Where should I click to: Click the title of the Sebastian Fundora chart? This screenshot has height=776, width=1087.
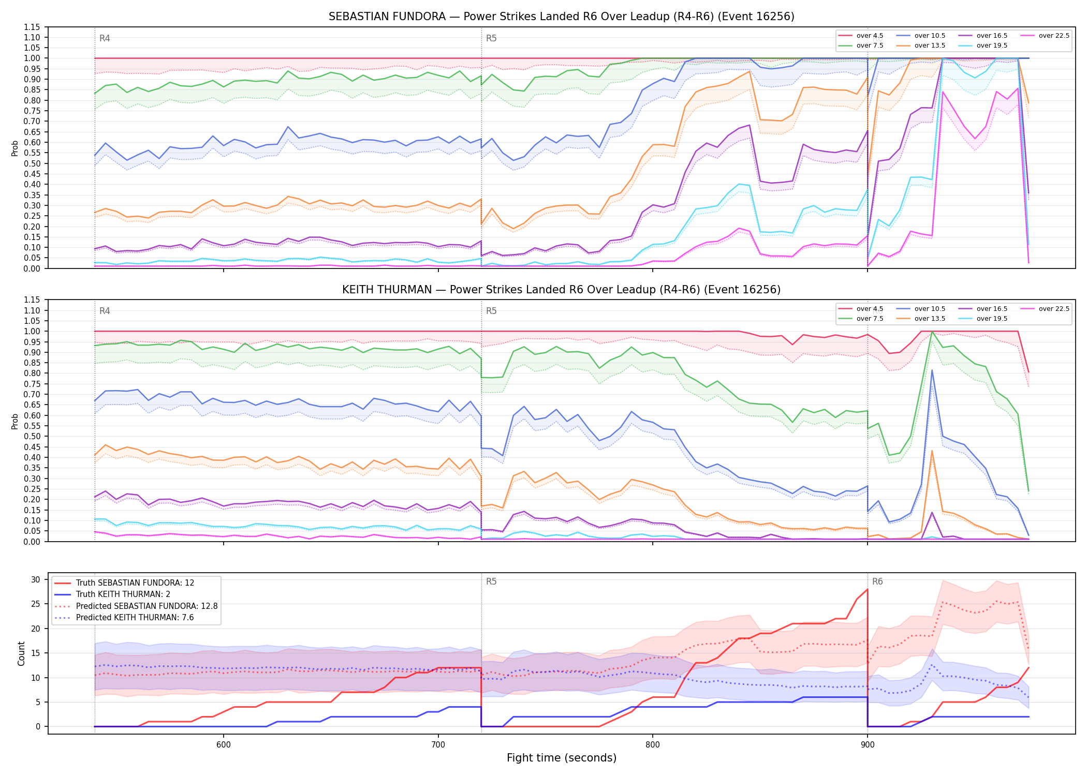coord(561,17)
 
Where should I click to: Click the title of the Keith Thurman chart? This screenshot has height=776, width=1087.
coord(561,290)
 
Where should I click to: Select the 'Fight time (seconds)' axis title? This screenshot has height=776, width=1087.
coord(562,758)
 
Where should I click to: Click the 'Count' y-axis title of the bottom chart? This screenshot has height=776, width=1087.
coord(21,653)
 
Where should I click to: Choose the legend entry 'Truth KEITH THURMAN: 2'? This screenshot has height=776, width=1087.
coord(123,594)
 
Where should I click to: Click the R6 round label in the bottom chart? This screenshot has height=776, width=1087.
coord(877,581)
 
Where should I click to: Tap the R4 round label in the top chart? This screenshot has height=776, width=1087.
coord(105,38)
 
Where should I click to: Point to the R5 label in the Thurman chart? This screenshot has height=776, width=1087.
coord(491,311)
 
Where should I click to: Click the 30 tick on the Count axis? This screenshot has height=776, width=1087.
coord(35,579)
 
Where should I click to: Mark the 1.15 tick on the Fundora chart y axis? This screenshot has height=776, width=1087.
coord(32,27)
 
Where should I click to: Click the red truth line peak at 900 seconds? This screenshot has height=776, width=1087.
coord(868,589)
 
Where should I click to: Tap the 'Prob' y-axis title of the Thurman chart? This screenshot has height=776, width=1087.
coord(14,421)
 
